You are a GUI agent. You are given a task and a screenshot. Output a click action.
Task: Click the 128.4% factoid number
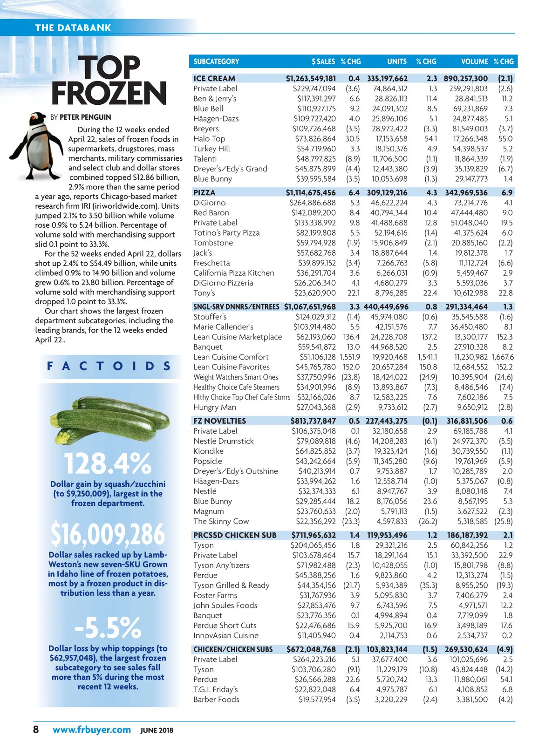(108, 463)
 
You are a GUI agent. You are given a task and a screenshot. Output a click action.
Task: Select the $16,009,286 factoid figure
(108, 534)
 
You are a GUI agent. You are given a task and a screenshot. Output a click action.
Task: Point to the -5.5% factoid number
(108, 627)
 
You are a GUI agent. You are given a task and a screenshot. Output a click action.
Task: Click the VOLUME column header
(474, 61)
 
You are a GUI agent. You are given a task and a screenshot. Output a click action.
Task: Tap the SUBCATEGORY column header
(216, 61)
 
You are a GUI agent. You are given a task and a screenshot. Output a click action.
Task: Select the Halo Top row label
(209, 139)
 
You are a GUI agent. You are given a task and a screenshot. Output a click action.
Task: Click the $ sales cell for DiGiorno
(313, 203)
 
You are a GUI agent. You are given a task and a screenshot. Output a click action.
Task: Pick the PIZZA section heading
(205, 193)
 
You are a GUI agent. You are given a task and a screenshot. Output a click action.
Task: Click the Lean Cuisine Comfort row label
(231, 357)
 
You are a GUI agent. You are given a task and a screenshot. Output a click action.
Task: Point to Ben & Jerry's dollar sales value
(316, 99)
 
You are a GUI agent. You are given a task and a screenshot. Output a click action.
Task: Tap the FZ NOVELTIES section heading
(219, 421)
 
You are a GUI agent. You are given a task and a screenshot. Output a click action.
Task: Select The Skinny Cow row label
(221, 521)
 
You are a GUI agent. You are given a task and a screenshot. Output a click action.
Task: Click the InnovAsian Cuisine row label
(226, 635)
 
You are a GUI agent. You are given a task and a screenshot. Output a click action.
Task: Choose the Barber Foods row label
(216, 699)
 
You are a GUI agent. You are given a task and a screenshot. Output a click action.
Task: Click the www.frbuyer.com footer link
(92, 730)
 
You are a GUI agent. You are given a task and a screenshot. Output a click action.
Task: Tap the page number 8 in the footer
(36, 729)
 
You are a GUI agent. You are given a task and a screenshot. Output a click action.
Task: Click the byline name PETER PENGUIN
(85, 117)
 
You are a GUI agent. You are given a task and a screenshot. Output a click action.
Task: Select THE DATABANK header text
(73, 27)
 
